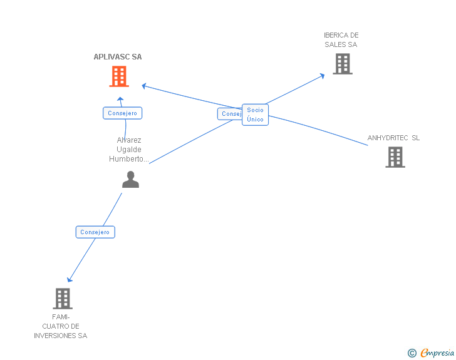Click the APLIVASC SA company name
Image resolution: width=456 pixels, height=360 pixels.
pos(118,57)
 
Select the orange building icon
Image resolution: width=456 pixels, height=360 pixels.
pos(119,77)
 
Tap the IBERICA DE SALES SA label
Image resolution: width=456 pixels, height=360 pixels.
pos(341,40)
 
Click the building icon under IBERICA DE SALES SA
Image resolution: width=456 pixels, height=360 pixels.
pos(342,64)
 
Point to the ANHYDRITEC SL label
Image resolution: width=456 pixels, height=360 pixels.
pos(393,138)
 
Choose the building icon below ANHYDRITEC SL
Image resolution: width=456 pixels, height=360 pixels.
pos(395,157)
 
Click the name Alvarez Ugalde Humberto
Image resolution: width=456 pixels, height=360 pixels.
pos(129,150)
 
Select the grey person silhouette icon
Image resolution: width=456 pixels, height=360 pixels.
pos(130,180)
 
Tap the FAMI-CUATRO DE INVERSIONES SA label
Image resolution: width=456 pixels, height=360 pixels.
pos(61,326)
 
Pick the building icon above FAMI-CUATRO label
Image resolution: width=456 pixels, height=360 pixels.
pos(62,299)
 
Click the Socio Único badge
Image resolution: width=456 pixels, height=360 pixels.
pos(255,115)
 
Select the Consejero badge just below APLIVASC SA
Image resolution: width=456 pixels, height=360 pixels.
pos(123,113)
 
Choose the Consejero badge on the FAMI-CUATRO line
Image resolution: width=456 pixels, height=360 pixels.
pos(95,232)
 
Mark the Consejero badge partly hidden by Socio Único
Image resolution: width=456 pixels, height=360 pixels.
pos(229,114)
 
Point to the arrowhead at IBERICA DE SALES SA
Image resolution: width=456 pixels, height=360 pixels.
pos(323,75)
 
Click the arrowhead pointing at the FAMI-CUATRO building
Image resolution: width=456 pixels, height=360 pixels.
pos(69,280)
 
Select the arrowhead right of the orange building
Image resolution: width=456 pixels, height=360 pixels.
pos(143,85)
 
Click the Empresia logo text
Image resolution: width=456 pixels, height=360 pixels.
pos(438,353)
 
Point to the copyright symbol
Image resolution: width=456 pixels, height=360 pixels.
pos(412,353)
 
